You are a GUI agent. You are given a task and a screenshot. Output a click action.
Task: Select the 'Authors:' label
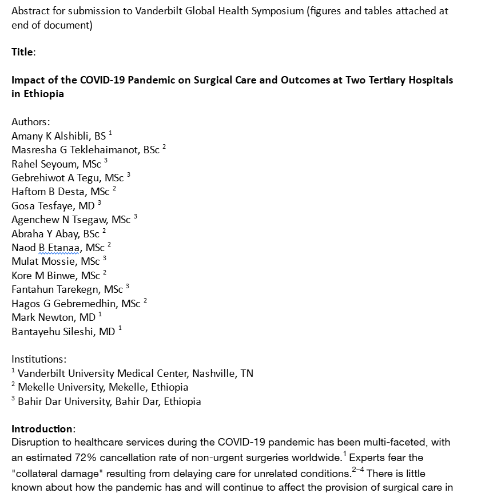click(x=31, y=122)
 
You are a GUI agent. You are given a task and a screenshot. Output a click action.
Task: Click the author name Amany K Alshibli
click(x=51, y=136)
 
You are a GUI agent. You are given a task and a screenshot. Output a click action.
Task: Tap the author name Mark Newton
click(x=43, y=317)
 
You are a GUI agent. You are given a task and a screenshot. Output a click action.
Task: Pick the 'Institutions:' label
click(x=39, y=359)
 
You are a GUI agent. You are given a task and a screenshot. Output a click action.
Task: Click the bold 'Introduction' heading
click(x=42, y=429)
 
